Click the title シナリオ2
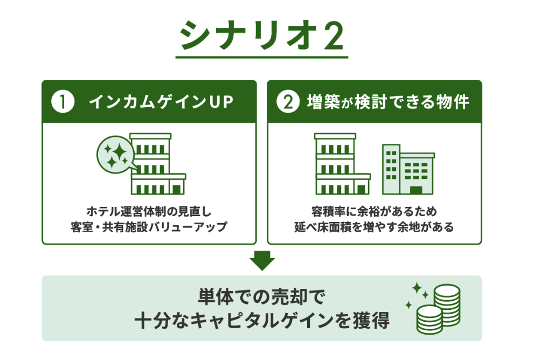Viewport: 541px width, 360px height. [261, 35]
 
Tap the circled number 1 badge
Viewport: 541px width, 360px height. [63, 101]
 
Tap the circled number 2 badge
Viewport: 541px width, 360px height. [288, 101]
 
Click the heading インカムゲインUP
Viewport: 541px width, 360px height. [161, 102]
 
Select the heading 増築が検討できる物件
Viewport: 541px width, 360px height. [388, 102]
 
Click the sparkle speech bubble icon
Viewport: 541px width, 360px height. [116, 155]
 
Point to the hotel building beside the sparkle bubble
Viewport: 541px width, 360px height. [158, 164]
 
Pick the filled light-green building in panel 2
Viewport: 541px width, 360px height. [408, 169]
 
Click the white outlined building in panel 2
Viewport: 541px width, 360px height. [342, 164]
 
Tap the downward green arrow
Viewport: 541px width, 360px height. [262, 260]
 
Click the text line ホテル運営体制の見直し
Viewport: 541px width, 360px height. [149, 211]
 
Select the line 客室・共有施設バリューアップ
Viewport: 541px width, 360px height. [149, 227]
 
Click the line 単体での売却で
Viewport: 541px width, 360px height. [261, 296]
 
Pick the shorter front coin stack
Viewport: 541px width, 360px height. [429, 320]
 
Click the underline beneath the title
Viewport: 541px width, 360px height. [261, 57]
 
